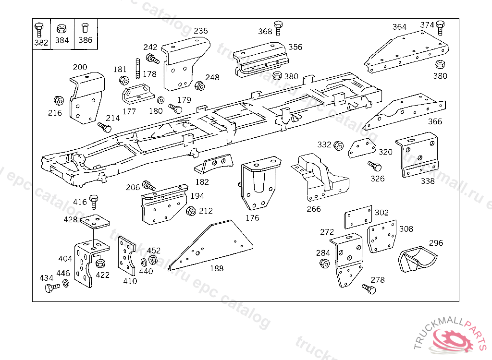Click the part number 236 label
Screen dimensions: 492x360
click(x=201, y=31)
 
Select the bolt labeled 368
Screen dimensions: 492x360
click(x=278, y=28)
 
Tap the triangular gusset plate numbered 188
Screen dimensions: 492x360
click(x=210, y=245)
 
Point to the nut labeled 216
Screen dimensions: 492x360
click(x=59, y=101)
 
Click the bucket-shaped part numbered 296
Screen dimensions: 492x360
click(x=418, y=259)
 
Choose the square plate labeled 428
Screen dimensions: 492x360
click(x=95, y=222)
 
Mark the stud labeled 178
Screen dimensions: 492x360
click(x=138, y=69)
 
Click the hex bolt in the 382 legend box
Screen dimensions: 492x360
click(x=38, y=30)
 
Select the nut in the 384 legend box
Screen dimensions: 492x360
click(x=61, y=28)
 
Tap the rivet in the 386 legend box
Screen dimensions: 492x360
click(x=85, y=27)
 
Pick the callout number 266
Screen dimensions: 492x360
click(x=314, y=209)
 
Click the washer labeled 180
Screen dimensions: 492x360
click(x=160, y=100)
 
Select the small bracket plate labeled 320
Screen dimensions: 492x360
click(x=362, y=148)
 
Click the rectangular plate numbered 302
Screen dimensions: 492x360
click(x=358, y=217)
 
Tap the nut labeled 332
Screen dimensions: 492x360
click(x=338, y=146)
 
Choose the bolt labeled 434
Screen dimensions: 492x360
click(x=52, y=288)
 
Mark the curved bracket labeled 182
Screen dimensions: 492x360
click(x=214, y=165)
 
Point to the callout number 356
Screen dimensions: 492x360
click(x=295, y=47)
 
